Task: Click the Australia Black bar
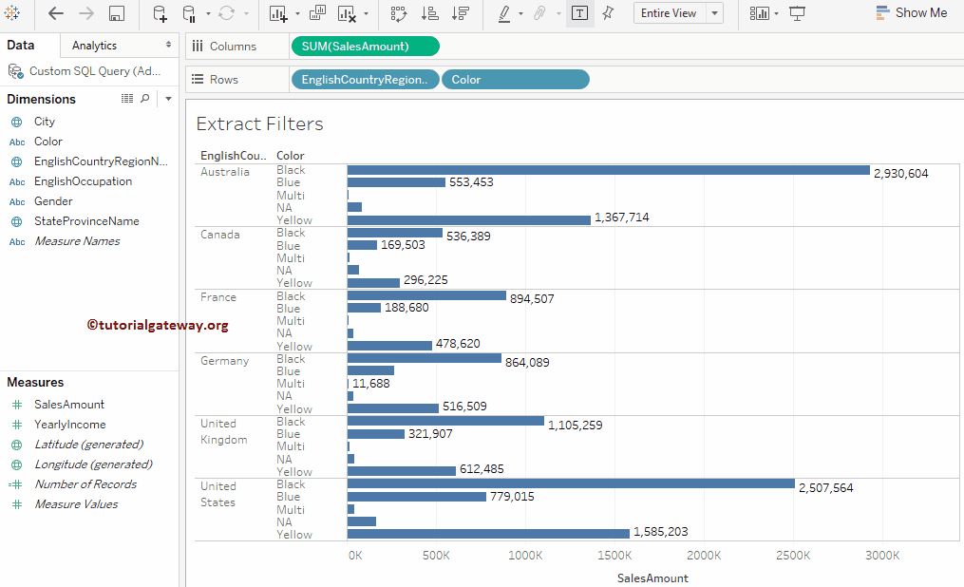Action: click(608, 170)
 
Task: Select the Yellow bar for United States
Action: click(488, 534)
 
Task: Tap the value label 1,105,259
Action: click(575, 426)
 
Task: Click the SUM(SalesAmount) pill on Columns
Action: click(365, 47)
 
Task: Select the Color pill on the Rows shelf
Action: click(515, 80)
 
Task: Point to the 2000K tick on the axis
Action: click(704, 555)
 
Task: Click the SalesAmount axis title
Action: click(652, 578)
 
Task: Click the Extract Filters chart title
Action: click(259, 123)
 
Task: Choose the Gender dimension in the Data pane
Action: click(53, 201)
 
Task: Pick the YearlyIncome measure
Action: click(69, 425)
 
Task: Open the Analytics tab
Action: click(94, 46)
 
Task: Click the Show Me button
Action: click(911, 13)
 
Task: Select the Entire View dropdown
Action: click(680, 13)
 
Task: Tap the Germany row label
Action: click(224, 361)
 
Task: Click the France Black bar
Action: click(426, 295)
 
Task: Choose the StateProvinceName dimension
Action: click(86, 221)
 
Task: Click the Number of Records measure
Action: click(85, 484)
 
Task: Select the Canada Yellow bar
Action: click(373, 282)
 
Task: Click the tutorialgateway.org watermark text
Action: click(158, 325)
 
